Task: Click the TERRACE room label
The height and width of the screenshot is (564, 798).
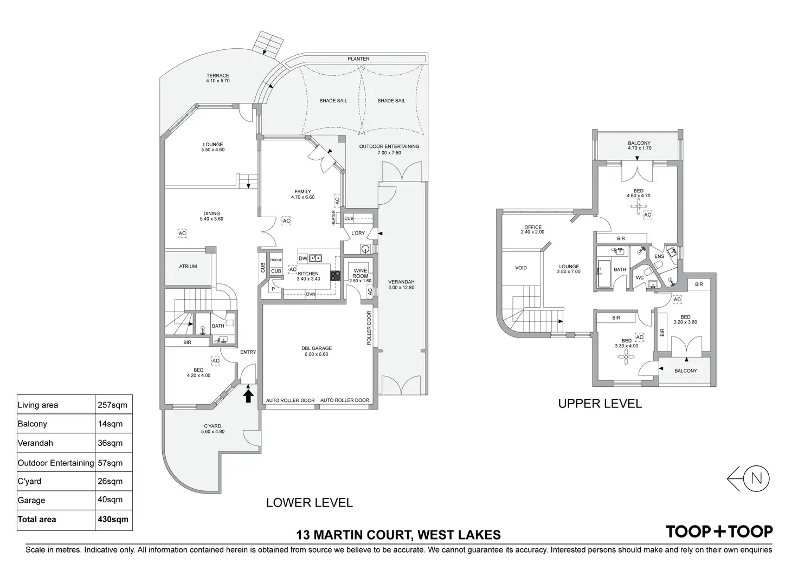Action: tap(217, 76)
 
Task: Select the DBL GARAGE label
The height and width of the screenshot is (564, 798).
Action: tap(317, 348)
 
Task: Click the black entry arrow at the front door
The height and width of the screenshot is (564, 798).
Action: tap(248, 396)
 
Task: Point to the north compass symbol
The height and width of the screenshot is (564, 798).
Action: tap(757, 478)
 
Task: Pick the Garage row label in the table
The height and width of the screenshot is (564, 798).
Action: tap(31, 500)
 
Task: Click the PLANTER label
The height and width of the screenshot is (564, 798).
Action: tap(358, 59)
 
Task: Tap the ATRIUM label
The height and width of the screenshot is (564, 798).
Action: tap(188, 267)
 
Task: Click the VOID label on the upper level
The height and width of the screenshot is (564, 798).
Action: tap(520, 268)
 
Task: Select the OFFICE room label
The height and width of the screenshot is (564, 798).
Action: tap(533, 228)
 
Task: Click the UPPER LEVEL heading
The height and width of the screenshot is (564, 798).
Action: tap(600, 404)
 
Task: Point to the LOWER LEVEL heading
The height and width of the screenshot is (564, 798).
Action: tap(309, 503)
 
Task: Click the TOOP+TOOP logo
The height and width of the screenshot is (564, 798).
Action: tap(719, 531)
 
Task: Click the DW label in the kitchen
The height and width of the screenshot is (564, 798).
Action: tap(303, 258)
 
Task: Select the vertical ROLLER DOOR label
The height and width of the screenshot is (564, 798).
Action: tap(369, 328)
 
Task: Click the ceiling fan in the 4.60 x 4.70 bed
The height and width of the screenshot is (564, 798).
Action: tap(640, 205)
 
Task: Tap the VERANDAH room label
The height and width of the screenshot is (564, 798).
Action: tap(401, 282)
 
